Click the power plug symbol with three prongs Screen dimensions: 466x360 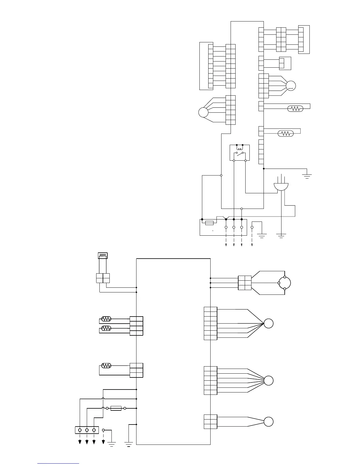tap(281, 186)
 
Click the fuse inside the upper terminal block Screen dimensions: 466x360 tap(209, 223)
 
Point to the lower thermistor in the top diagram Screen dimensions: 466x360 tap(286, 134)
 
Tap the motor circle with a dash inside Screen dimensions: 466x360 tap(291, 86)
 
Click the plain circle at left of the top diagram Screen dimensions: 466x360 tap(203, 112)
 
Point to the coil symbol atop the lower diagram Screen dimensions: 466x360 tap(103, 256)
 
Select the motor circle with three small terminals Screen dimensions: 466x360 tap(284, 283)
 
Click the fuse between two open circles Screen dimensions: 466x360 tap(116, 408)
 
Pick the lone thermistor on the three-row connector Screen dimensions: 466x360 tap(106, 366)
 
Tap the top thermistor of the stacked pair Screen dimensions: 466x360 tap(106, 319)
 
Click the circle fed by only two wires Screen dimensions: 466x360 tap(268, 422)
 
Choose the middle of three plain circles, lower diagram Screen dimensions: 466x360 tap(268, 380)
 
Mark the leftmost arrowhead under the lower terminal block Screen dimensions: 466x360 tap(80, 442)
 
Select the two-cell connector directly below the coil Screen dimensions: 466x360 tap(103, 278)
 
